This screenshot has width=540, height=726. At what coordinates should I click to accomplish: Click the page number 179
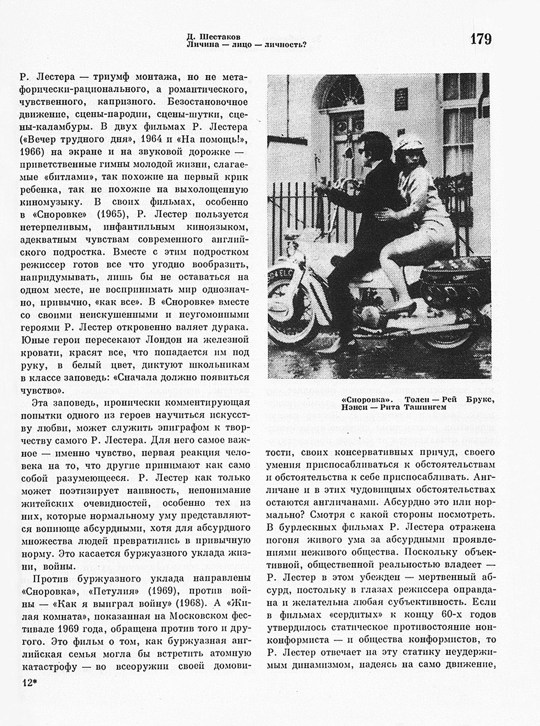481,39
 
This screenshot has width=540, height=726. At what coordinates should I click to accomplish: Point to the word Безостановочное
208,102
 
